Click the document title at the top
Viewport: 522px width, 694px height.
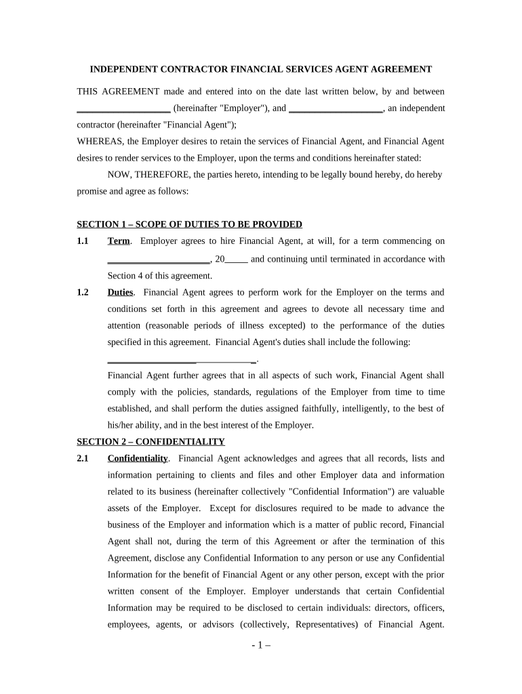(x=261, y=69)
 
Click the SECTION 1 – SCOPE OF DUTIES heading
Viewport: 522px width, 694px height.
(x=189, y=224)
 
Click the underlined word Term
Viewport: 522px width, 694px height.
(x=118, y=241)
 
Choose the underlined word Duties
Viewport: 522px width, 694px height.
(x=121, y=293)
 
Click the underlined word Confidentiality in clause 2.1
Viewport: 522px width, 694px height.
(x=138, y=459)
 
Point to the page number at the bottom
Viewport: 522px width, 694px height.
(x=261, y=646)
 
